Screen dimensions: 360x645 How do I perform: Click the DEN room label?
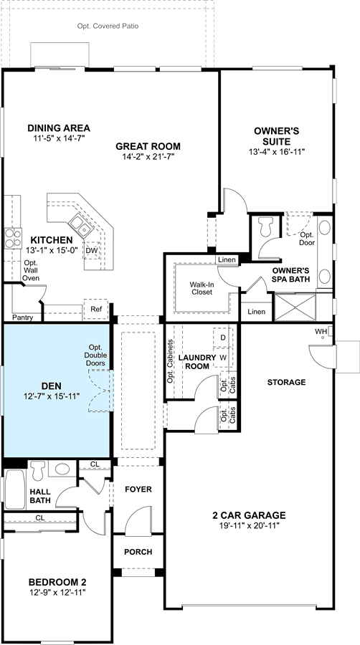click(52, 386)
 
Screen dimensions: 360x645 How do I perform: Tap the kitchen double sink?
click(80, 226)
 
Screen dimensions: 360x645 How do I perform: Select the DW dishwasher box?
click(91, 249)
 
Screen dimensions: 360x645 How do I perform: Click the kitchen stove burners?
click(13, 239)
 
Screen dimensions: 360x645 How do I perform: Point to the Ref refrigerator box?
click(96, 310)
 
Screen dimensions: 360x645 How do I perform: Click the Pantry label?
click(22, 317)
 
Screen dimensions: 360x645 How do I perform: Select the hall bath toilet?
click(38, 469)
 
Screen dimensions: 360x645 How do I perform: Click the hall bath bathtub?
click(15, 489)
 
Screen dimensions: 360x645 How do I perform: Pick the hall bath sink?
click(62, 469)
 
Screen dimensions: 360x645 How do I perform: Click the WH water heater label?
click(320, 331)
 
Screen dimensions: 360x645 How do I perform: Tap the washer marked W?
click(223, 357)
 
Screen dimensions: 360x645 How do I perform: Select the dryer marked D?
click(223, 338)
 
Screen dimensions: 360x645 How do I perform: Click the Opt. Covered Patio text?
click(108, 26)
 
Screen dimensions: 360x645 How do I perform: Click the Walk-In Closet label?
click(202, 288)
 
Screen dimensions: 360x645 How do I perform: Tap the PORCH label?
click(138, 552)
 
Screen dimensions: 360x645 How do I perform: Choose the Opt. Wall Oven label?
click(31, 270)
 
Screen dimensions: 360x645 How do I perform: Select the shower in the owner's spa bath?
click(295, 307)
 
